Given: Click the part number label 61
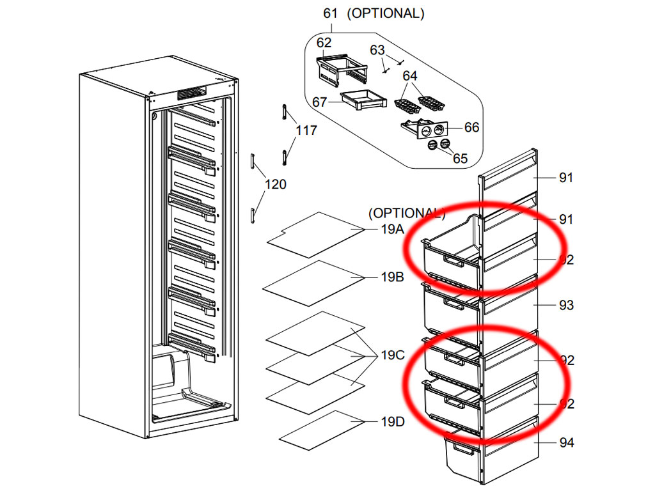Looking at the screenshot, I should (x=330, y=13).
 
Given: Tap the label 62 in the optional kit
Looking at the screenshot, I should (x=324, y=43).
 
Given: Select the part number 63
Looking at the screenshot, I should (x=377, y=50).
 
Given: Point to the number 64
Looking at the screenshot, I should (x=410, y=76).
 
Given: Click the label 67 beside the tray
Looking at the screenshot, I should (x=320, y=102).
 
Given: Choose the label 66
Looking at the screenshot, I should (x=471, y=127).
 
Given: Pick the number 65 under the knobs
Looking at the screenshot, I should (x=460, y=159).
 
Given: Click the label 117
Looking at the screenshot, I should (x=306, y=130).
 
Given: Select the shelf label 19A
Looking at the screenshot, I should (x=392, y=230).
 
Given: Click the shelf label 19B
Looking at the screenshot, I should (x=392, y=277).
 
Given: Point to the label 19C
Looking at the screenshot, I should (x=392, y=355).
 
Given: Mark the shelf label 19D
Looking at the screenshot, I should (x=392, y=421).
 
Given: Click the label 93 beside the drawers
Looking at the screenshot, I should (x=566, y=305).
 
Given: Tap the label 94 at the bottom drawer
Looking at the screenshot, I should (x=566, y=442).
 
